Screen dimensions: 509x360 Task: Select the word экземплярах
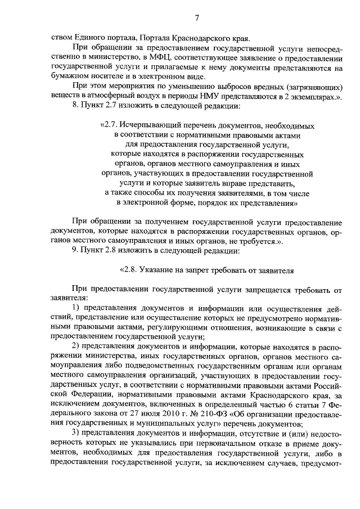[308, 96]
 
